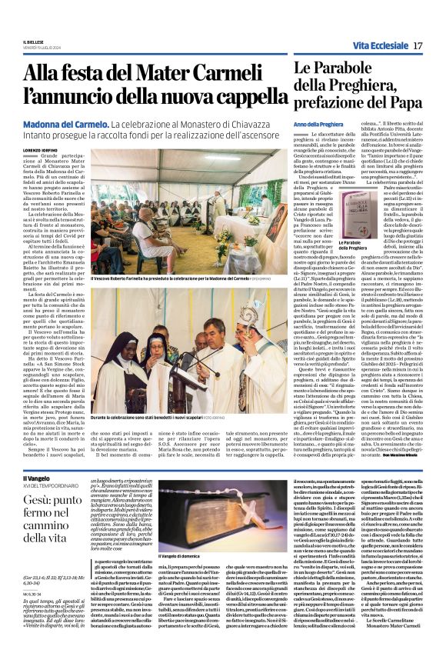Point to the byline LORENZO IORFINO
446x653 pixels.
41,151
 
